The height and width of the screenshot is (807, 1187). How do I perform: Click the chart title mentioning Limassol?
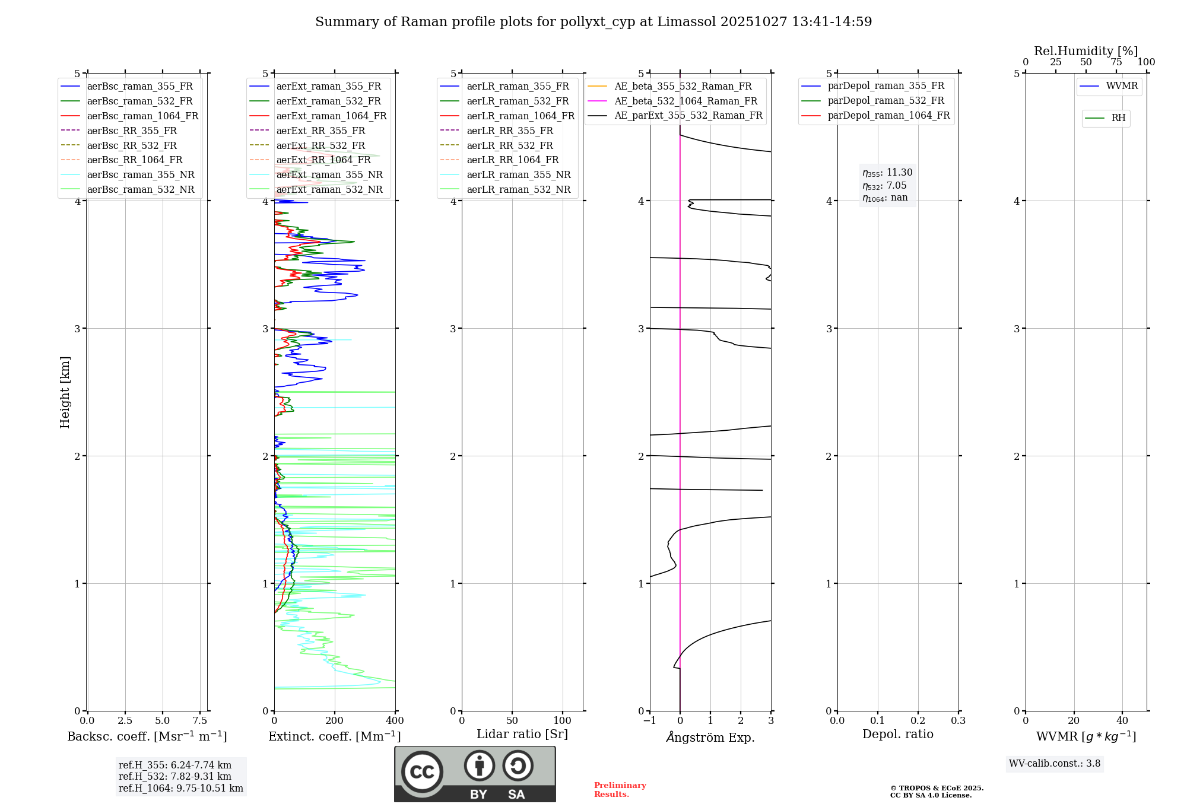tap(593, 22)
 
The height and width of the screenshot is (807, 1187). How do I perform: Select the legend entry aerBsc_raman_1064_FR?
tap(142, 116)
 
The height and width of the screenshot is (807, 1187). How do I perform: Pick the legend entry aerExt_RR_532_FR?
tap(320, 145)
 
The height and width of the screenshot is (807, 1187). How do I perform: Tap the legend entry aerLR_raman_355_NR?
tap(518, 174)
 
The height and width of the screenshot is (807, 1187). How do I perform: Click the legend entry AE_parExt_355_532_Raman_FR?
tap(688, 115)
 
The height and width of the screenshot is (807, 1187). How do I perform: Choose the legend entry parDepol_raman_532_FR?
tap(886, 100)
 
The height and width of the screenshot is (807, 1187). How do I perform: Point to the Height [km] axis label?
tap(65, 392)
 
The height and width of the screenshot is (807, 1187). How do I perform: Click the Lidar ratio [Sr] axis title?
tap(522, 734)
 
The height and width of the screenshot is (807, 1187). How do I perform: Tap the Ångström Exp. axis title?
tap(710, 737)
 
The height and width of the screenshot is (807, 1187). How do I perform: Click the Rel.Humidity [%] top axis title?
tap(1086, 51)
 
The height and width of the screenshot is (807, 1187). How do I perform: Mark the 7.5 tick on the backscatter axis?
tap(200, 721)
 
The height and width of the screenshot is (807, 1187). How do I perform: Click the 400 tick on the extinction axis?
tap(395, 721)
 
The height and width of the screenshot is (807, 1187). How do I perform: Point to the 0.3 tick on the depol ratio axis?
tap(958, 721)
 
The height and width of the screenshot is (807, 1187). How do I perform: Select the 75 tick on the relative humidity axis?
tap(1116, 62)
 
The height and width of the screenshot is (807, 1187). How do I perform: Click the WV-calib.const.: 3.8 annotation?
tap(1055, 764)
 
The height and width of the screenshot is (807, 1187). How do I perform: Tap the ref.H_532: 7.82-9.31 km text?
tap(175, 777)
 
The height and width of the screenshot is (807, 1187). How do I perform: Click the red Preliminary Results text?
tap(620, 790)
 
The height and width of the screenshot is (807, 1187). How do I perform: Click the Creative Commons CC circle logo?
tap(422, 771)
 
